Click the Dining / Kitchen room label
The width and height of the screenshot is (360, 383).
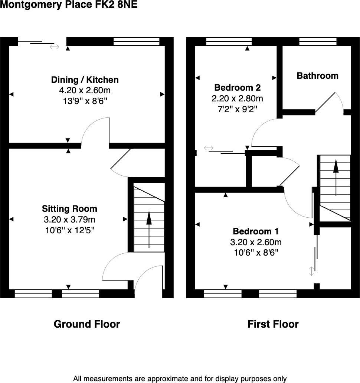[85, 80]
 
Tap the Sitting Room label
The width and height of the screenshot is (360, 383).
[69, 209]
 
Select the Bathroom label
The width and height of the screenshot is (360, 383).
[317, 76]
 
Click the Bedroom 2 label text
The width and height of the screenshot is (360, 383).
[238, 88]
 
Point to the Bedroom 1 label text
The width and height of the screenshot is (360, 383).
[256, 231]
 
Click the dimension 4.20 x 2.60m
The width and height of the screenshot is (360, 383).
[85, 91]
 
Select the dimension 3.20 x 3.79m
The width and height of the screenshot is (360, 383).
[69, 220]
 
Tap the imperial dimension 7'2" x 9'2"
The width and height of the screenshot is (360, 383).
[238, 109]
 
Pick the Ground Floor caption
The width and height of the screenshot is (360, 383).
[87, 324]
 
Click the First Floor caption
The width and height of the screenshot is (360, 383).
[273, 324]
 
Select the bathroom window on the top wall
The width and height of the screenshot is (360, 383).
[318, 42]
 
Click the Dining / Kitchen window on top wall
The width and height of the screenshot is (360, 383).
[137, 42]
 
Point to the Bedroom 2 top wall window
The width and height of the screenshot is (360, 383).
[229, 42]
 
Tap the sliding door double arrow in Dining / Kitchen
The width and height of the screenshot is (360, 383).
[54, 47]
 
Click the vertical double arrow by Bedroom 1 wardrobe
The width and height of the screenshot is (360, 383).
[312, 272]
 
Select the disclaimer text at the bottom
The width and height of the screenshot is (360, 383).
[180, 379]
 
